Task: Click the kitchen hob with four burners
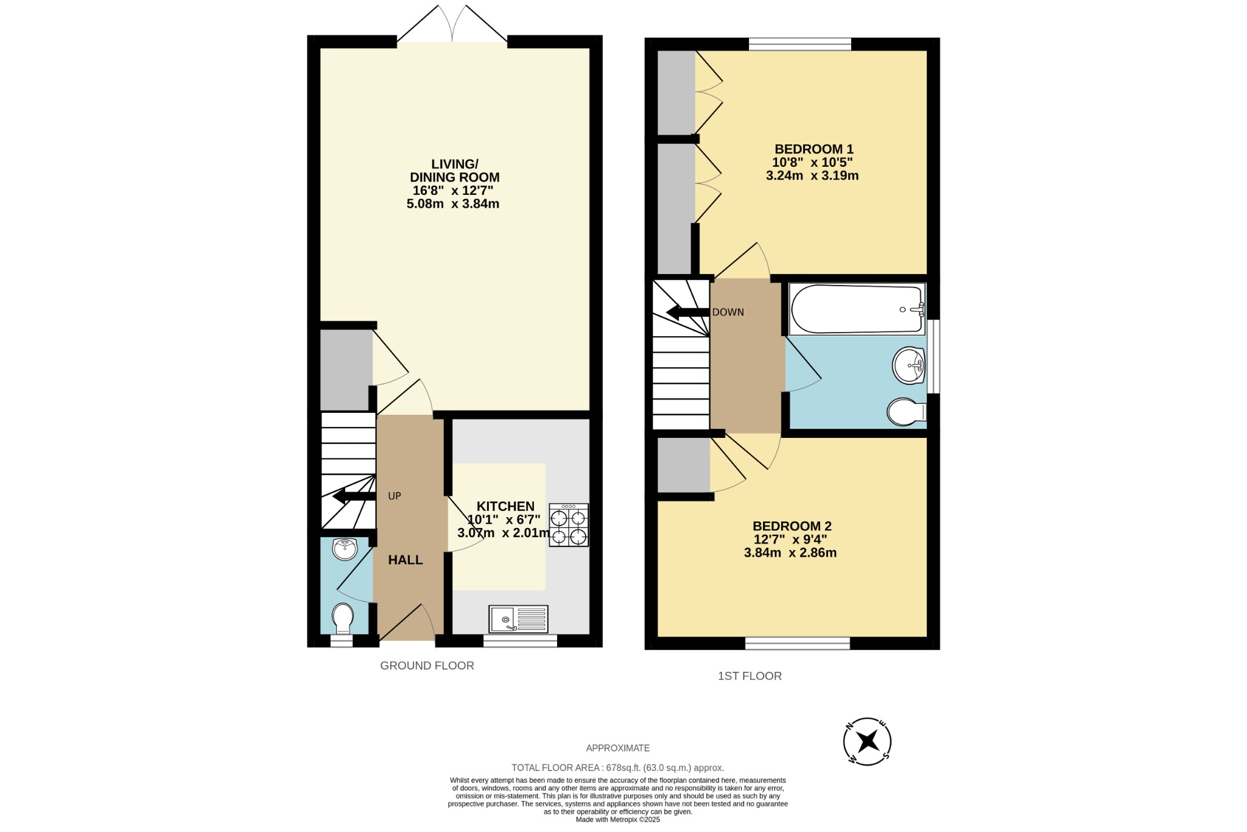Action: [569, 525]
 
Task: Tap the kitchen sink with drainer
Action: [518, 619]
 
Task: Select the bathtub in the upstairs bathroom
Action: [857, 309]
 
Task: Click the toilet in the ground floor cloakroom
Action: [343, 619]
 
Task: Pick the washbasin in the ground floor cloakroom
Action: [345, 549]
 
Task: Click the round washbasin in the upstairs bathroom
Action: [909, 365]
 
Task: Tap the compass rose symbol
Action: [867, 741]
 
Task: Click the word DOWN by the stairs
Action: [728, 312]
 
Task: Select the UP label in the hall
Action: [395, 496]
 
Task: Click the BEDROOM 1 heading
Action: [813, 149]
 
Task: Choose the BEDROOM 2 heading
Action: [792, 526]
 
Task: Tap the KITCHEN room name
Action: [505, 506]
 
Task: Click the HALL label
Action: [406, 560]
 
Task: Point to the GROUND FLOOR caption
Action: [427, 666]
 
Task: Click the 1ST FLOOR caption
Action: [750, 676]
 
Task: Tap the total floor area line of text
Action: [617, 767]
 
